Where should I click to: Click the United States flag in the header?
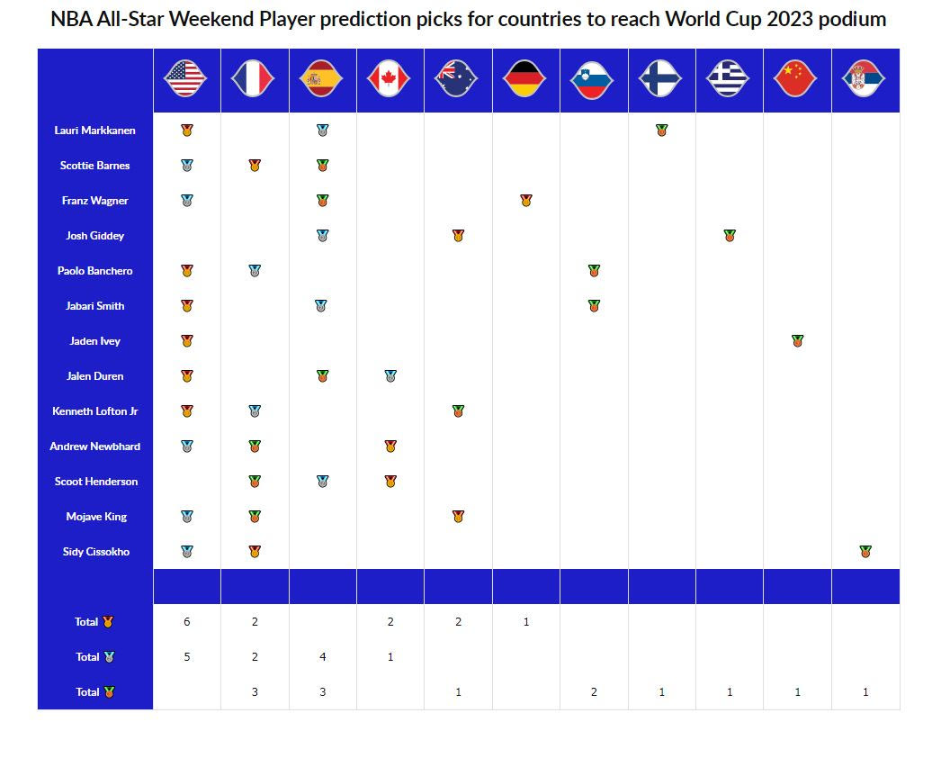pos(186,79)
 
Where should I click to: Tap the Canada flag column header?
pos(390,79)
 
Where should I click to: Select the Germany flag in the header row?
pos(525,79)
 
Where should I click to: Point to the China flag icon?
pos(796,79)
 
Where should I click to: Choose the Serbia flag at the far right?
pos(865,79)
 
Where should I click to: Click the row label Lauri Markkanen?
pos(94,131)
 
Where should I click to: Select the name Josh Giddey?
pos(94,236)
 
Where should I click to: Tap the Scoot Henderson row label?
pos(94,482)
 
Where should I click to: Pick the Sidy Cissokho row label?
pos(94,552)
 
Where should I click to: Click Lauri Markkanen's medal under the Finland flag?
pos(661,131)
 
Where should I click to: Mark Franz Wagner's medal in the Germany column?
pos(525,201)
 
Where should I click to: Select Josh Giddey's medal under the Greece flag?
pos(729,236)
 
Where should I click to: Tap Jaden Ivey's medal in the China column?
pos(796,341)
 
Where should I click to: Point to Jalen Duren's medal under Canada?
pos(390,376)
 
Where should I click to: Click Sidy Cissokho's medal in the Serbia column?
pos(865,552)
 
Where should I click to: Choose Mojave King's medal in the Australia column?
pos(458,517)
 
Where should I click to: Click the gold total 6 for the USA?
pos(186,622)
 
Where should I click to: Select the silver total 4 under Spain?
pos(322,657)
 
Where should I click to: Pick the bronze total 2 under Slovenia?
pos(593,692)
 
